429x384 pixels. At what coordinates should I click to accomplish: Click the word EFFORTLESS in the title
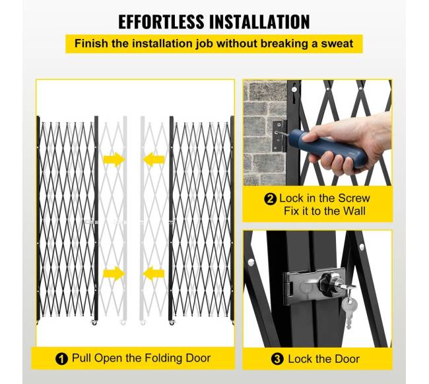tap(161, 22)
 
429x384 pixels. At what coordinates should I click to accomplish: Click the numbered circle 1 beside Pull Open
tap(61, 358)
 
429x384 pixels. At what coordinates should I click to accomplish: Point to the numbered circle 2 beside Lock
tap(271, 199)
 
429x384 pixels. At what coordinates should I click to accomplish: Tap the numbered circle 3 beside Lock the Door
tap(277, 359)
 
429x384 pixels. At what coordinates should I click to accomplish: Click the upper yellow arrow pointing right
tap(114, 159)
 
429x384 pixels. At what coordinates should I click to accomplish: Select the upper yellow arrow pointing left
tap(154, 159)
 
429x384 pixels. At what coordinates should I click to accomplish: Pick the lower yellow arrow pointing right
tap(114, 274)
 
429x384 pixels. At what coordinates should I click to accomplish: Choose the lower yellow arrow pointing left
tap(154, 274)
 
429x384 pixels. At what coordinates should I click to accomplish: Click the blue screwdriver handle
tap(328, 148)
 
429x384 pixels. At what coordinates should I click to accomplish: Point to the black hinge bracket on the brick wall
tap(279, 136)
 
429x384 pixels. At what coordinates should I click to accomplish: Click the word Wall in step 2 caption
tap(354, 211)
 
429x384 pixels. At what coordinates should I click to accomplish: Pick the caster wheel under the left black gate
tap(94, 323)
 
